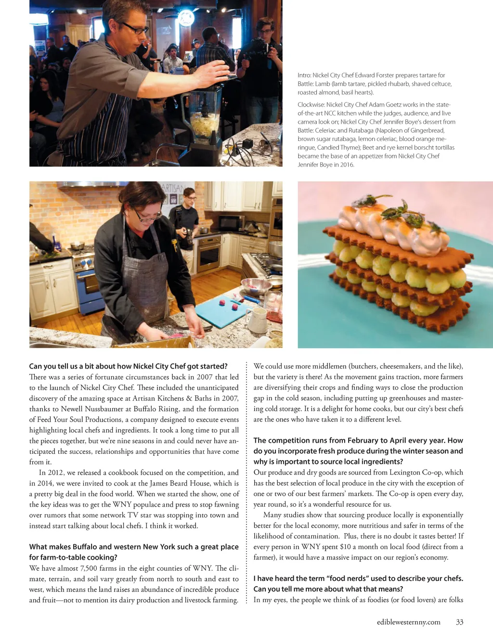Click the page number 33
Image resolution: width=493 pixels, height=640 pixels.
pyautogui.click(x=459, y=622)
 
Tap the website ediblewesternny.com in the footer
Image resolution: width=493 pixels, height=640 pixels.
pyautogui.click(x=408, y=622)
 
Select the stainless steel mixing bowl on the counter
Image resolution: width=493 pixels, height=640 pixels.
pyautogui.click(x=256, y=286)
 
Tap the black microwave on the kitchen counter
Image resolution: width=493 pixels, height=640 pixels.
pyautogui.click(x=231, y=223)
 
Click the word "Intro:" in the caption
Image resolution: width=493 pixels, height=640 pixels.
pyautogui.click(x=304, y=76)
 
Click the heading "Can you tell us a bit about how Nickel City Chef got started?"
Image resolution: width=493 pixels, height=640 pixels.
pyautogui.click(x=128, y=366)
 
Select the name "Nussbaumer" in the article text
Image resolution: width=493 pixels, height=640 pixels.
pyautogui.click(x=107, y=409)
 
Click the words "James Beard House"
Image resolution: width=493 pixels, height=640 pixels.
pyautogui.click(x=180, y=483)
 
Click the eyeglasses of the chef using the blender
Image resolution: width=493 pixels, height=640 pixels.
pyautogui.click(x=136, y=28)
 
